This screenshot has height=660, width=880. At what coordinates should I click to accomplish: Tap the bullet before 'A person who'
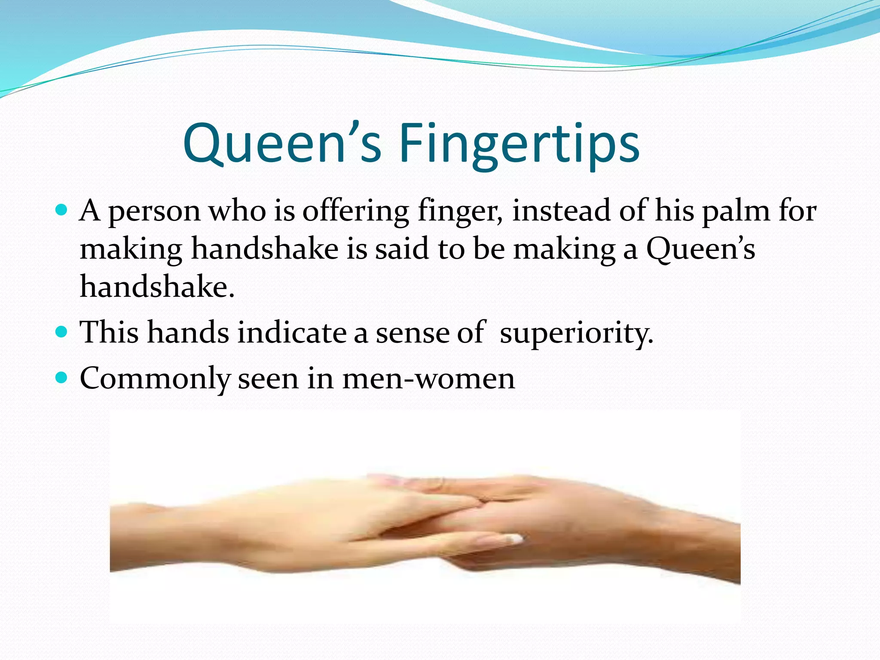[x=62, y=210]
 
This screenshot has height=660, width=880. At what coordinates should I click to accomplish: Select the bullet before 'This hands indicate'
[x=62, y=332]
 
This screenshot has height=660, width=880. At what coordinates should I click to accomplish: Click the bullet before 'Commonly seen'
[x=62, y=378]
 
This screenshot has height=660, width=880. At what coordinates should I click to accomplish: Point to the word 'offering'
[x=356, y=211]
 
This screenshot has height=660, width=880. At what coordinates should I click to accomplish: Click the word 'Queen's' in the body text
[x=700, y=249]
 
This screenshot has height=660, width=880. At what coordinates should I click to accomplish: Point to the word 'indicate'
[x=292, y=333]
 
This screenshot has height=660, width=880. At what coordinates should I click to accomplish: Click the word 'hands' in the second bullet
[x=188, y=333]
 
